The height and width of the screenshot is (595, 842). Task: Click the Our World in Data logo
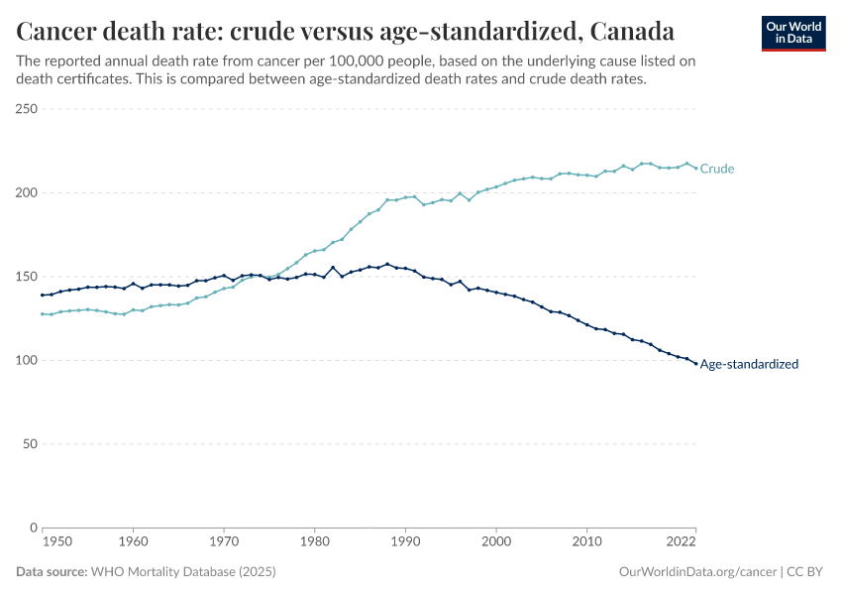792,33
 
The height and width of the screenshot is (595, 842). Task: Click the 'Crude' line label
717,169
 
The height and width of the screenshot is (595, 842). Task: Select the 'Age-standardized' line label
749,364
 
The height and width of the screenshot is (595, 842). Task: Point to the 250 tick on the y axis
27,109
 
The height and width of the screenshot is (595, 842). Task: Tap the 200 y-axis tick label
27,192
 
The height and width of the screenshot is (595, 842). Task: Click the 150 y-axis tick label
27,277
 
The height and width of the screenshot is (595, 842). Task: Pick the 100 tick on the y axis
27,360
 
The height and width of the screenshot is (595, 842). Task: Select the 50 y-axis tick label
30,444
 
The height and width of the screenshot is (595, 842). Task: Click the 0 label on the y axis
34,528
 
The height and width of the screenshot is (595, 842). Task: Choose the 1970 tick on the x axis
224,542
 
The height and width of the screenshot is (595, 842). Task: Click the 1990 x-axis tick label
405,542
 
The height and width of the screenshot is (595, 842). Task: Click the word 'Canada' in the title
632,32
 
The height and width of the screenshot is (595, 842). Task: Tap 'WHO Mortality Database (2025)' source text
183,572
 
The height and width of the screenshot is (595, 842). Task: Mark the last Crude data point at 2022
695,168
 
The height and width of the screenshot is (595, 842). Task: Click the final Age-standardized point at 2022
695,363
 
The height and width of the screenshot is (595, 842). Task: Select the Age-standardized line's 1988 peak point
387,264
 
